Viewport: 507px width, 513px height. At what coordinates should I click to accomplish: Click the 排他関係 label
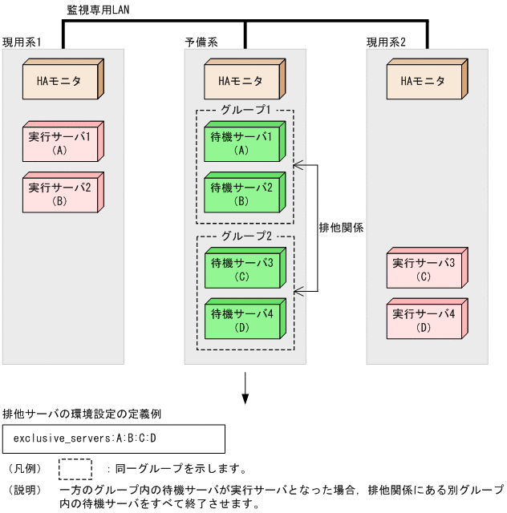pyautogui.click(x=341, y=228)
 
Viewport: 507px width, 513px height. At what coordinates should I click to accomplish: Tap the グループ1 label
pyautogui.click(x=245, y=110)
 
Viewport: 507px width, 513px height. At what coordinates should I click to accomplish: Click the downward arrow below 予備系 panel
pyautogui.click(x=245, y=389)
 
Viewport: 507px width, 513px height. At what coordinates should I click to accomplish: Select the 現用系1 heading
pyautogui.click(x=22, y=42)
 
